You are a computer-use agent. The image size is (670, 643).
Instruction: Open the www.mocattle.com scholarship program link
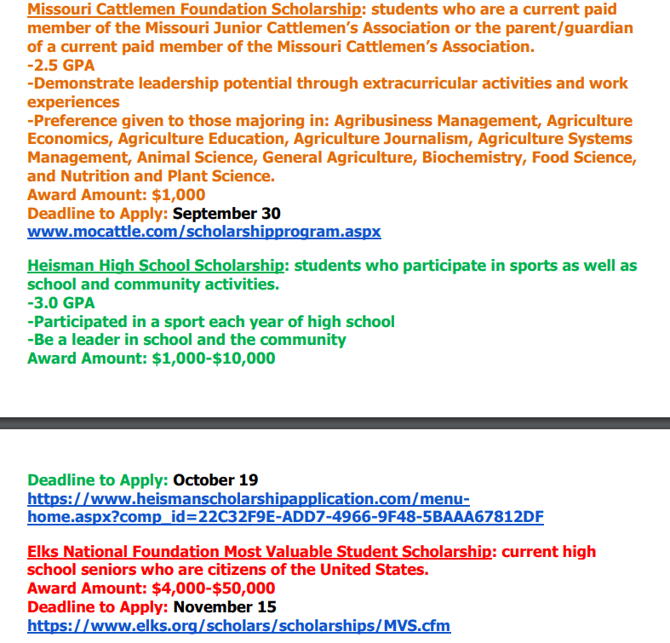point(203,232)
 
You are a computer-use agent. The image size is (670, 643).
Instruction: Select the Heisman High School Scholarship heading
point(156,266)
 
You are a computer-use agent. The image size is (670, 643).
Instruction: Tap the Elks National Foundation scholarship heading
point(260,552)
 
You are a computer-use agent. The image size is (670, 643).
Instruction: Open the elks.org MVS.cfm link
point(238,626)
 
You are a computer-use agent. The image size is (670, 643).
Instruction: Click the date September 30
point(226,213)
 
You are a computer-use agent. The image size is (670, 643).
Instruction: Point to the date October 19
point(215,480)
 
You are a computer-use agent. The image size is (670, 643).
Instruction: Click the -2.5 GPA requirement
point(61,65)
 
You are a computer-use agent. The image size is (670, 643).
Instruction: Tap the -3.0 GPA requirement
point(61,303)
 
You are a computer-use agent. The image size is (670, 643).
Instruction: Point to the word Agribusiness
point(388,121)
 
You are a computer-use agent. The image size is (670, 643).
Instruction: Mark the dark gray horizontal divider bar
point(335,423)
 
